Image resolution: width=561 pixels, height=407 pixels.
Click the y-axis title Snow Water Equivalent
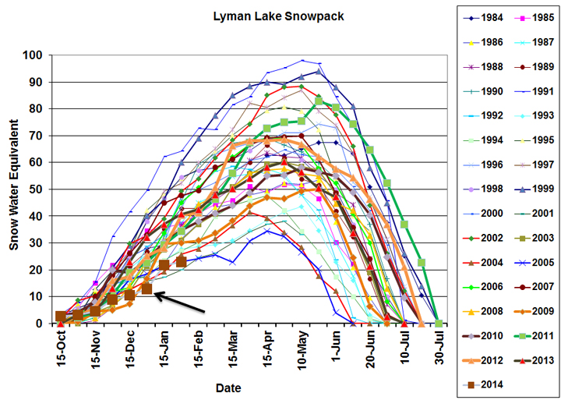pos(13,188)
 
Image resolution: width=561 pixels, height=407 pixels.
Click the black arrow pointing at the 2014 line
pos(180,303)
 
